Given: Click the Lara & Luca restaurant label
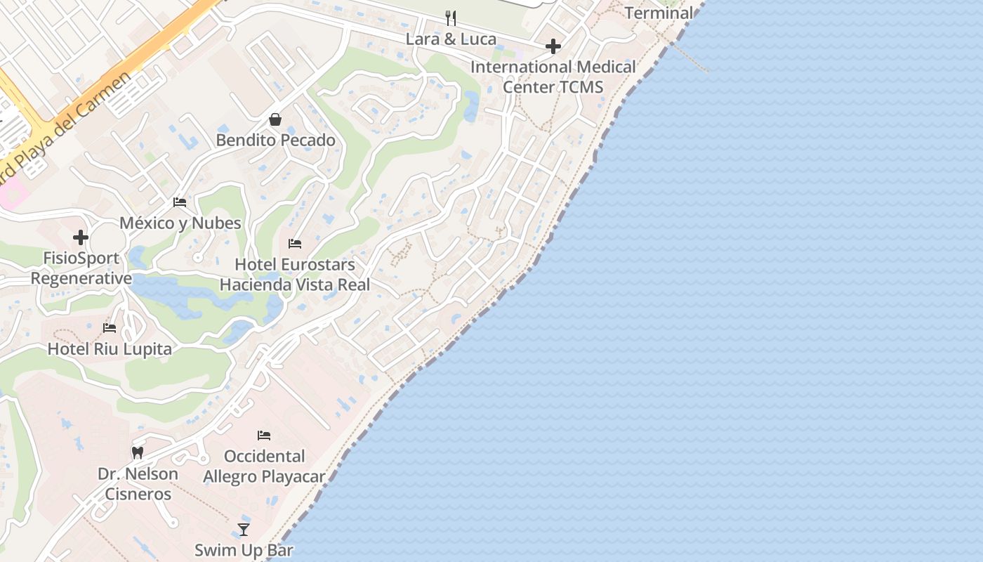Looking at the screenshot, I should click(451, 39).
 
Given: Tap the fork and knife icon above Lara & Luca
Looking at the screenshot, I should click(451, 18).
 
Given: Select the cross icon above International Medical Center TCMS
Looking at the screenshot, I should click(553, 47).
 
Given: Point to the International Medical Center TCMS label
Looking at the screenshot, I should click(553, 77).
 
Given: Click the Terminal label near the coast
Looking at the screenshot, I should click(659, 13).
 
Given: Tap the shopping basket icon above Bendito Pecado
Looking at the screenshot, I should click(275, 119).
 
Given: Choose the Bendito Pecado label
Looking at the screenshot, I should click(275, 140).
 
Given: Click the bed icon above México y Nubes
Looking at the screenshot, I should click(180, 202).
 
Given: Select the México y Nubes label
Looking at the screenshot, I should click(180, 223).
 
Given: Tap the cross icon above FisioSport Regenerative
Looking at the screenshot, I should click(81, 237).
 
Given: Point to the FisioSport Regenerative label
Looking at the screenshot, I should click(81, 268).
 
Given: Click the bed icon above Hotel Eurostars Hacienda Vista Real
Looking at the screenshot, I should click(295, 244).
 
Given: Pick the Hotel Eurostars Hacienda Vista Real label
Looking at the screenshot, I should click(295, 275).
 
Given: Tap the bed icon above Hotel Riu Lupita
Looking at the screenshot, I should click(110, 327).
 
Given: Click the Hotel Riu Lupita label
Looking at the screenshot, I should click(110, 349).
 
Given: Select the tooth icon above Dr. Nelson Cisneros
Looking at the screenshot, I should click(138, 453).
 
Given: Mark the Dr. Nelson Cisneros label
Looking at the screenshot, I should click(138, 484).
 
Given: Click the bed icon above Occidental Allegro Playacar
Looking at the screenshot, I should click(264, 436).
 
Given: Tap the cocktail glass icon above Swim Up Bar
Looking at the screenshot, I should click(244, 529).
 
